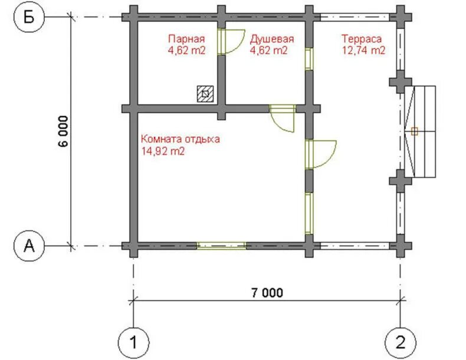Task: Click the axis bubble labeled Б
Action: pos(29,17)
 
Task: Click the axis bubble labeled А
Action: pos(29,246)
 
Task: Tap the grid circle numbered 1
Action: pos(133,342)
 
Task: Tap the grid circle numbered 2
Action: pos(401,342)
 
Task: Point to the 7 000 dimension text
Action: pos(267,293)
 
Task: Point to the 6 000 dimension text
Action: pos(63,131)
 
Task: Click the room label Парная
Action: pos(186,39)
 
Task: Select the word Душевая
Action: pos(272,39)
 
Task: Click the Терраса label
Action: pos(362,39)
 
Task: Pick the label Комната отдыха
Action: pos(181,139)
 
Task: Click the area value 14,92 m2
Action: pos(163,151)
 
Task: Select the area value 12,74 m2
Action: pos(363,50)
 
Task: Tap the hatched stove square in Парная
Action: pos(205,94)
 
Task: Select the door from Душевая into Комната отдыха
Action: pos(283,118)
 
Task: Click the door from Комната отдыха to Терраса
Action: pos(320,155)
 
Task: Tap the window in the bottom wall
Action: pos(221,246)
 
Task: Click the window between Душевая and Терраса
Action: pos(309,58)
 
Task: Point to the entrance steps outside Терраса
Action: pos(420,132)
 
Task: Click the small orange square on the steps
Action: pos(415,132)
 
